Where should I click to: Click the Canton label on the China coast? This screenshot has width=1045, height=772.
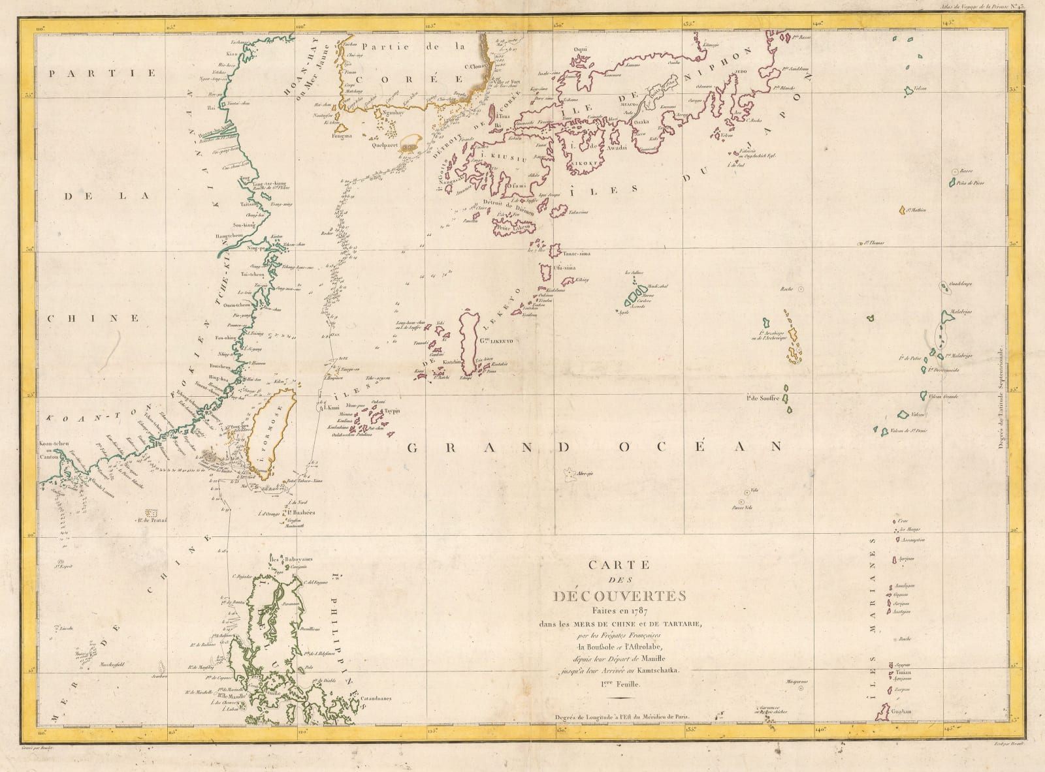[x=51, y=457]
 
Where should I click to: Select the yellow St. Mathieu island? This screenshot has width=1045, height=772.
[x=902, y=210]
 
